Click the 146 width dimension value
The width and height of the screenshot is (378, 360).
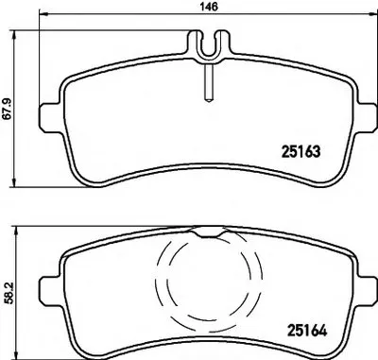click(x=209, y=7)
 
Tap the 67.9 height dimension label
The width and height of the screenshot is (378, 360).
click(x=7, y=109)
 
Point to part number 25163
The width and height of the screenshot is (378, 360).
click(x=301, y=152)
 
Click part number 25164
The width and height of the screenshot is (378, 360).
click(x=307, y=331)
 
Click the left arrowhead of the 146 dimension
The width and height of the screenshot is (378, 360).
click(x=43, y=14)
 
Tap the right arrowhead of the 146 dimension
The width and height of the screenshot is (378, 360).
click(x=373, y=14)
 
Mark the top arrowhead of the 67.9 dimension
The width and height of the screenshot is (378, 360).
click(x=14, y=35)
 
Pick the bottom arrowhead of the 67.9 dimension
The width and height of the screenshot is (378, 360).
click(x=14, y=182)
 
